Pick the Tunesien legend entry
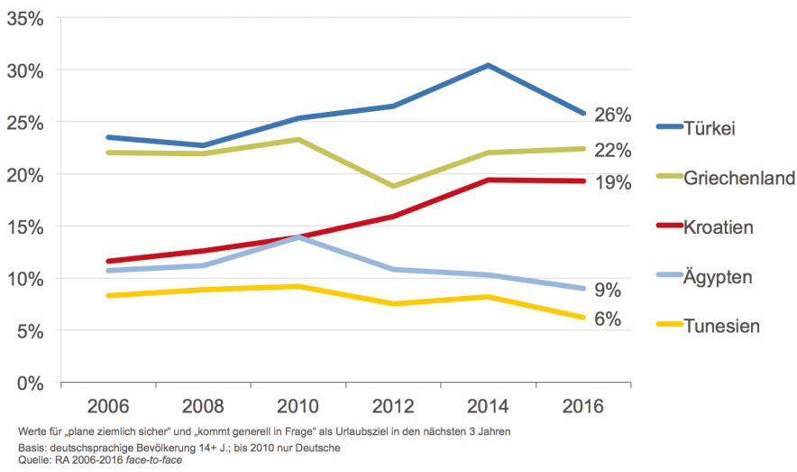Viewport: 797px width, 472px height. (x=721, y=326)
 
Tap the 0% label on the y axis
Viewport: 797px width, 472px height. (x=29, y=383)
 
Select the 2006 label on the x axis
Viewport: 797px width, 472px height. (x=107, y=405)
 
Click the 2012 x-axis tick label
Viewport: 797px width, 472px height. (x=393, y=405)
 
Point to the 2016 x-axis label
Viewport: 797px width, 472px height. (x=583, y=405)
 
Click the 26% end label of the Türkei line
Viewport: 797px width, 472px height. (x=612, y=116)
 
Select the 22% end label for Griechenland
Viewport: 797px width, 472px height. (x=612, y=150)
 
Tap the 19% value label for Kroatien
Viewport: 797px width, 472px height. (x=612, y=183)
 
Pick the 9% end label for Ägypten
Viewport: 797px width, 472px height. (x=608, y=290)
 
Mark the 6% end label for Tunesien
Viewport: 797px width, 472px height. (x=608, y=319)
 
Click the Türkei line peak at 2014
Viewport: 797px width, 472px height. (x=488, y=65)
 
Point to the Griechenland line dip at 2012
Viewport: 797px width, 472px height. (x=393, y=186)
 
